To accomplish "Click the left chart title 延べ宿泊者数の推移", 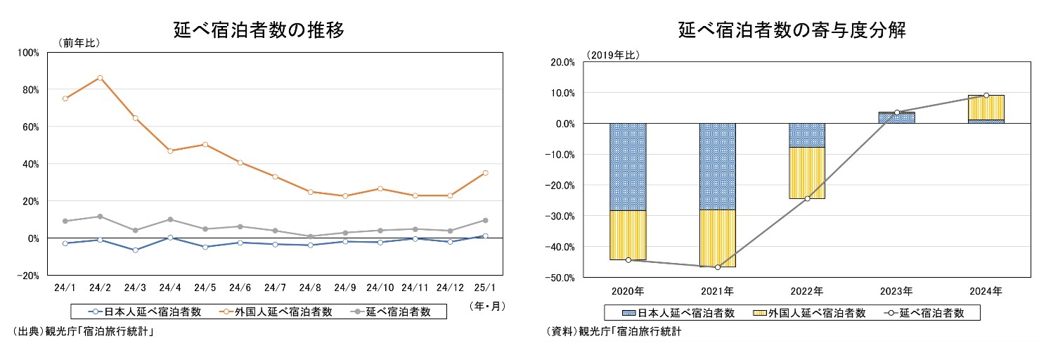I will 259,30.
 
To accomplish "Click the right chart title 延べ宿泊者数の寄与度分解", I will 792,30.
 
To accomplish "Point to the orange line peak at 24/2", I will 100,77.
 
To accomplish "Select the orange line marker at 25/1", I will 485,172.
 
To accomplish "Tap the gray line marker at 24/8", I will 310,236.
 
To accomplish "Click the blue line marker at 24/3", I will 135,250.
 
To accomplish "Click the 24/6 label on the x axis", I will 240,288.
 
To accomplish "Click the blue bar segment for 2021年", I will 717,166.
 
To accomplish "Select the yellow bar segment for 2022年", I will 807,173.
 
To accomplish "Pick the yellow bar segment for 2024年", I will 986,108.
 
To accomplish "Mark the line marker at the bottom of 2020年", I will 628,260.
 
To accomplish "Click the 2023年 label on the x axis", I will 897,290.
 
